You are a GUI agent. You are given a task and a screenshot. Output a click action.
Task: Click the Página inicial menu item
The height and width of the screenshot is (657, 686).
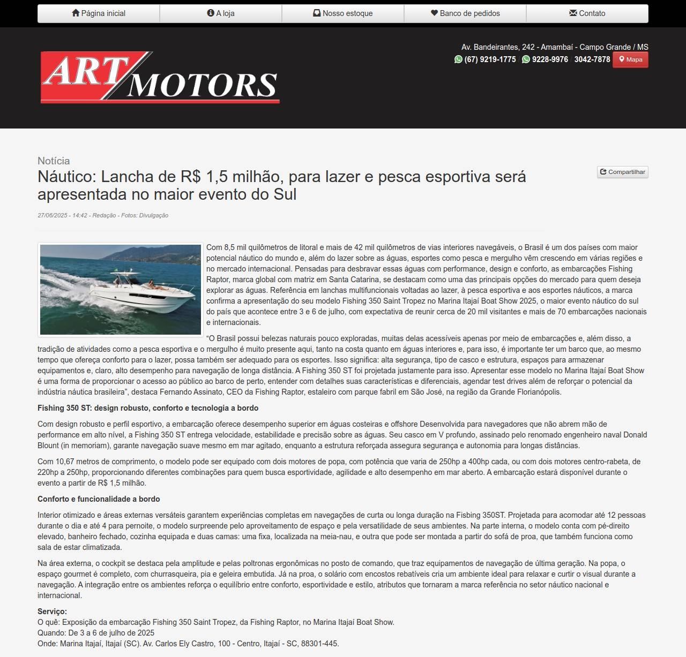(99, 13)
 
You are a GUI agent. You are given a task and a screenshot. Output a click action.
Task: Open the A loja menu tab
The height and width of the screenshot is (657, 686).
(221, 13)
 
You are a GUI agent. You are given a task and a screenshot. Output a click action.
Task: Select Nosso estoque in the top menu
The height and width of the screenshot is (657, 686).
(343, 13)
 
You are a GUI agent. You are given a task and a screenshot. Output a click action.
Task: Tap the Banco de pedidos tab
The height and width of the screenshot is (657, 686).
(465, 13)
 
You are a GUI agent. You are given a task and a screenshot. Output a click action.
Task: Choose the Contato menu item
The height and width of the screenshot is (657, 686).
(587, 13)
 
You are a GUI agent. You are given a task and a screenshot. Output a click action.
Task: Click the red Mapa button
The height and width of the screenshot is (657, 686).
(630, 59)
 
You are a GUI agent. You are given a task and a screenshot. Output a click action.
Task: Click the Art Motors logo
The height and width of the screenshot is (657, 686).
(160, 77)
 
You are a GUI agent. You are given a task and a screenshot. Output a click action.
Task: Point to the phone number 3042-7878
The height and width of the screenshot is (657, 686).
(592, 59)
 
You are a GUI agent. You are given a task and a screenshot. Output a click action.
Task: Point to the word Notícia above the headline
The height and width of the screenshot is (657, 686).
(54, 161)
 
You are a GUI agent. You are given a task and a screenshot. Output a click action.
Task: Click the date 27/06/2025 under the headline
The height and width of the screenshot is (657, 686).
(53, 215)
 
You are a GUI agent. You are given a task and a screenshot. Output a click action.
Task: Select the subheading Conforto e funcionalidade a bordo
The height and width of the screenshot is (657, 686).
(99, 499)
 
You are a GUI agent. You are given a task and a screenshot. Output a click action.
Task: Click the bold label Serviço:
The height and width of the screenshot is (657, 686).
(52, 611)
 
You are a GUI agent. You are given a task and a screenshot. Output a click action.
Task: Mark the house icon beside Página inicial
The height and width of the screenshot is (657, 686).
(76, 13)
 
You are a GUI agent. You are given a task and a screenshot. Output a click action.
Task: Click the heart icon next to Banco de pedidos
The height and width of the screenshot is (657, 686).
(434, 13)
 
